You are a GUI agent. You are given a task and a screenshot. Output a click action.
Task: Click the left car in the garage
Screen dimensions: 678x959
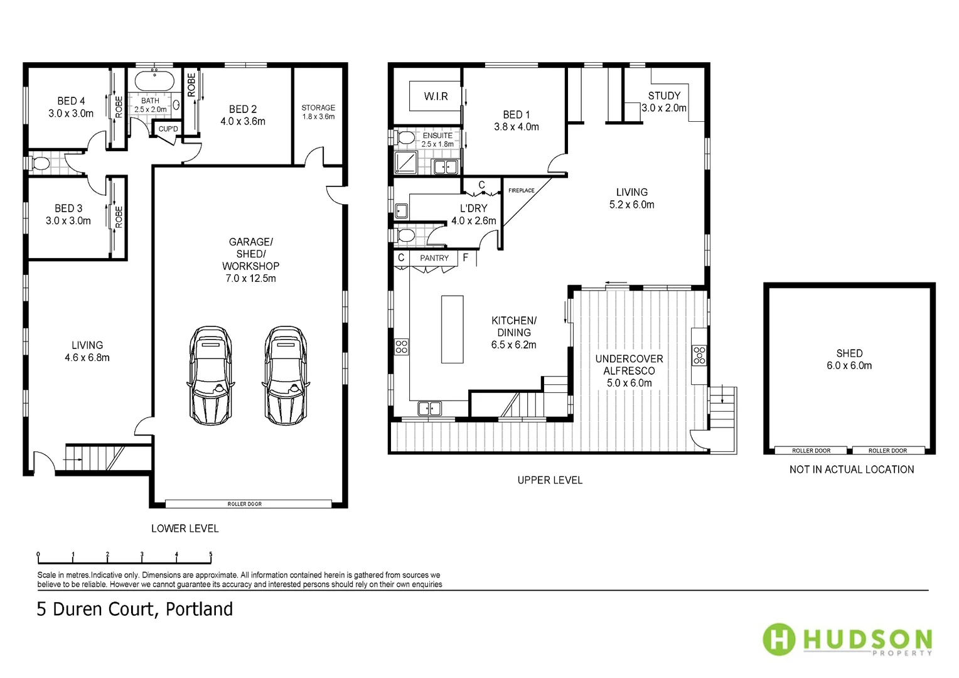210,375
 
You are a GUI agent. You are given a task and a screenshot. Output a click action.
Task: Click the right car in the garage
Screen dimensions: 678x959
286,375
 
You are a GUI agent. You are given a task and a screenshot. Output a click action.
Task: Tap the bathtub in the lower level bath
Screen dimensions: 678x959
154,82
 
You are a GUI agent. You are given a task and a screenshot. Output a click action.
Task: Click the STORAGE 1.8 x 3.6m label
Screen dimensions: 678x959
318,112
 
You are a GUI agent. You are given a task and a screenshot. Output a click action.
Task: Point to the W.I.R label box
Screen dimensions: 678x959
436,96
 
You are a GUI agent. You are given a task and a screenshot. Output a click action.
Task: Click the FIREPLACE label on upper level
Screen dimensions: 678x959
521,190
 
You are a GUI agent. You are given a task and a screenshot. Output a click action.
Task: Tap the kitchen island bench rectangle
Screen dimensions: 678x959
452,329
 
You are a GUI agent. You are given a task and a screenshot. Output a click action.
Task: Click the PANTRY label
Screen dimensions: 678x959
434,258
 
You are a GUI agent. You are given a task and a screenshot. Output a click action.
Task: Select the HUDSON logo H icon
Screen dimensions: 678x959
779,639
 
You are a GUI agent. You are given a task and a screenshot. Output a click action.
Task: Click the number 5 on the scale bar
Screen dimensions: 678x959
211,554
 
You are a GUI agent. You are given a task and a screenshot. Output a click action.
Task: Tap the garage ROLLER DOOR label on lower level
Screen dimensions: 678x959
245,503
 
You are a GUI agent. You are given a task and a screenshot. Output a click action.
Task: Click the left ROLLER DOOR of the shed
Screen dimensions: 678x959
811,450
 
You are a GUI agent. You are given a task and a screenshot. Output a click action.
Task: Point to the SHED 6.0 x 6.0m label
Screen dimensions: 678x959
849,359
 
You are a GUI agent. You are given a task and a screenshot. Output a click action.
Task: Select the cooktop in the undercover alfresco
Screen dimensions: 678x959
699,355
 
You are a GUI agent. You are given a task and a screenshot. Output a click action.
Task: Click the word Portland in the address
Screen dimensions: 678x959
199,609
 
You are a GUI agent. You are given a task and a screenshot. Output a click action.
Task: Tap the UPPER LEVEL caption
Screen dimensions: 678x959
550,480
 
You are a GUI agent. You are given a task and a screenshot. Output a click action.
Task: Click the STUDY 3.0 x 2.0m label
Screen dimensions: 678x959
664,102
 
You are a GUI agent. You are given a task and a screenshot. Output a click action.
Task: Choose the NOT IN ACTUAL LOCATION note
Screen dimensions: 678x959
852,469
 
